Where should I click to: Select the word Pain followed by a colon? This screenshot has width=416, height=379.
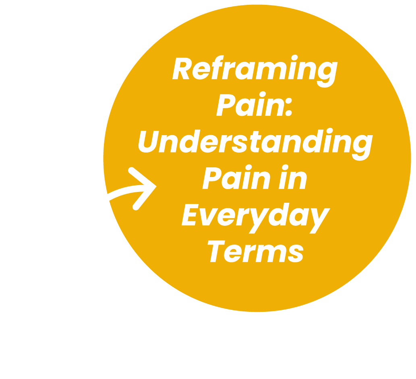pyautogui.click(x=250, y=106)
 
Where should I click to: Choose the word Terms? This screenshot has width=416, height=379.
pyautogui.click(x=255, y=251)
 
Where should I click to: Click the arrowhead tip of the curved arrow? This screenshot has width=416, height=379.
pyautogui.click(x=155, y=186)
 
